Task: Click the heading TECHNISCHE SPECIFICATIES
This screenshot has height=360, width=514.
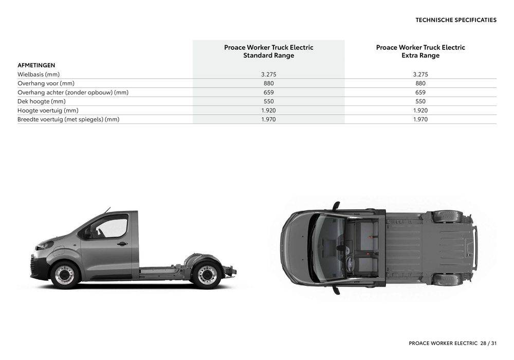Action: pyautogui.click(x=456, y=20)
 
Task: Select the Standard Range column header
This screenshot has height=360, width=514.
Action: pyautogui.click(x=268, y=51)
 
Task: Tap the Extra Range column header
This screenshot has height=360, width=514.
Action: pyautogui.click(x=420, y=51)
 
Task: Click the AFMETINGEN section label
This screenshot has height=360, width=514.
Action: pyautogui.click(x=36, y=65)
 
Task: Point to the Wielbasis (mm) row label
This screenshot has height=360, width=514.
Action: pyautogui.click(x=39, y=75)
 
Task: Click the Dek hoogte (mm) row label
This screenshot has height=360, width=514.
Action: pyautogui.click(x=41, y=101)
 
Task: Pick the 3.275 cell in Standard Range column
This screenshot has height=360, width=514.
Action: pyautogui.click(x=268, y=75)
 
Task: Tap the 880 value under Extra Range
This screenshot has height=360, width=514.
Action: pyautogui.click(x=420, y=83)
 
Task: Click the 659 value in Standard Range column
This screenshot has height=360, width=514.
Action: pyautogui.click(x=268, y=93)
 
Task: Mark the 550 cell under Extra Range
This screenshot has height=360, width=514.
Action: pyautogui.click(x=420, y=101)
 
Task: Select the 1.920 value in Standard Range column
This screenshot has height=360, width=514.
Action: pyautogui.click(x=268, y=111)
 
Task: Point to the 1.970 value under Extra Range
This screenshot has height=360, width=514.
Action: pyautogui.click(x=420, y=119)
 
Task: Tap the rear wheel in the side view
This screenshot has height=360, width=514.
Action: pyautogui.click(x=207, y=275)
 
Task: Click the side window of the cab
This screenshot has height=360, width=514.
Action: pyautogui.click(x=111, y=227)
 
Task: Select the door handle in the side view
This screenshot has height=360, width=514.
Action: pyautogui.click(x=122, y=244)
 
